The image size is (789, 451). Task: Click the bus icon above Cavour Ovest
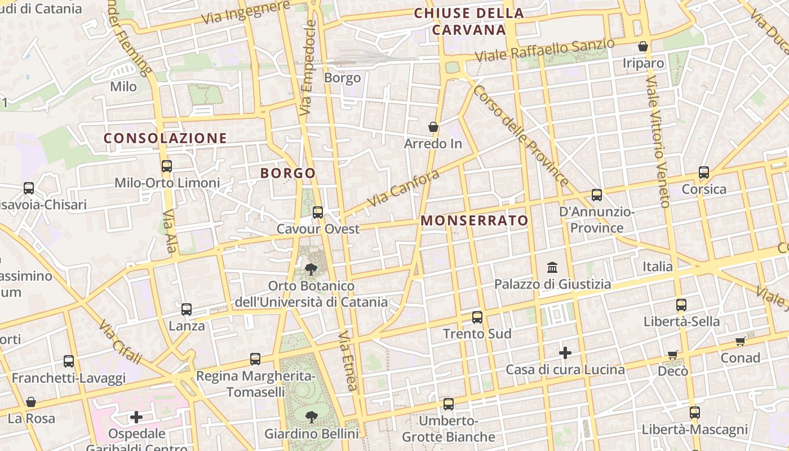coord(318,213)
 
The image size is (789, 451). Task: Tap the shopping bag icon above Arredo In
coord(433,127)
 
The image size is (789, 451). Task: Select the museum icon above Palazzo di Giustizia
coord(552,267)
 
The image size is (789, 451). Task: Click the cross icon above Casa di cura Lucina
coord(565,353)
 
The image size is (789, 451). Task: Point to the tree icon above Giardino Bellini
coord(311,417)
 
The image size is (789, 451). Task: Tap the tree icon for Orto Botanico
coord(311,269)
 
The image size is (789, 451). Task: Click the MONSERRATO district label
coord(475,220)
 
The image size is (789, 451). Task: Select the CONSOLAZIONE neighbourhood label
coord(165,138)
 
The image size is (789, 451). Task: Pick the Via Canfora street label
coord(403,188)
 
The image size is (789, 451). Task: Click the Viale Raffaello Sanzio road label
coord(544,51)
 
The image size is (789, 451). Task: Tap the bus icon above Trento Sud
coord(477,317)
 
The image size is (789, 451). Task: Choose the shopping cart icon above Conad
coord(741,341)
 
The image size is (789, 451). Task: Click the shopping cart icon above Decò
coord(672,355)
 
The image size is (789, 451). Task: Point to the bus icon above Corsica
coord(704,173)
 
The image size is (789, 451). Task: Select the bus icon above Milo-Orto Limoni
coord(166,166)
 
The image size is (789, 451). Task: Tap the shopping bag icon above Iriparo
coord(643,46)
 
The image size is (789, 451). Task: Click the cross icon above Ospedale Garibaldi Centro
coord(136,417)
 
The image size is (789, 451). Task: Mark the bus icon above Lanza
coord(187,309)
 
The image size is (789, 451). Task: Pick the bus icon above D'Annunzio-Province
coord(597,196)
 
